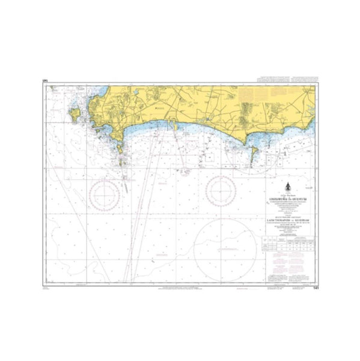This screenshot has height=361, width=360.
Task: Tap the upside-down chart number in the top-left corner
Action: point(45,79)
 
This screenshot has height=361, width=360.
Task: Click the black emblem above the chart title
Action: point(288,187)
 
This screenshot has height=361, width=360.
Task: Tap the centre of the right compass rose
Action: point(221,192)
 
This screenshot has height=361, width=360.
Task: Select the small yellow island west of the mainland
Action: point(75,113)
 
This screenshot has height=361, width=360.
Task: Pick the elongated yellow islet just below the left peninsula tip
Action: point(120,147)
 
